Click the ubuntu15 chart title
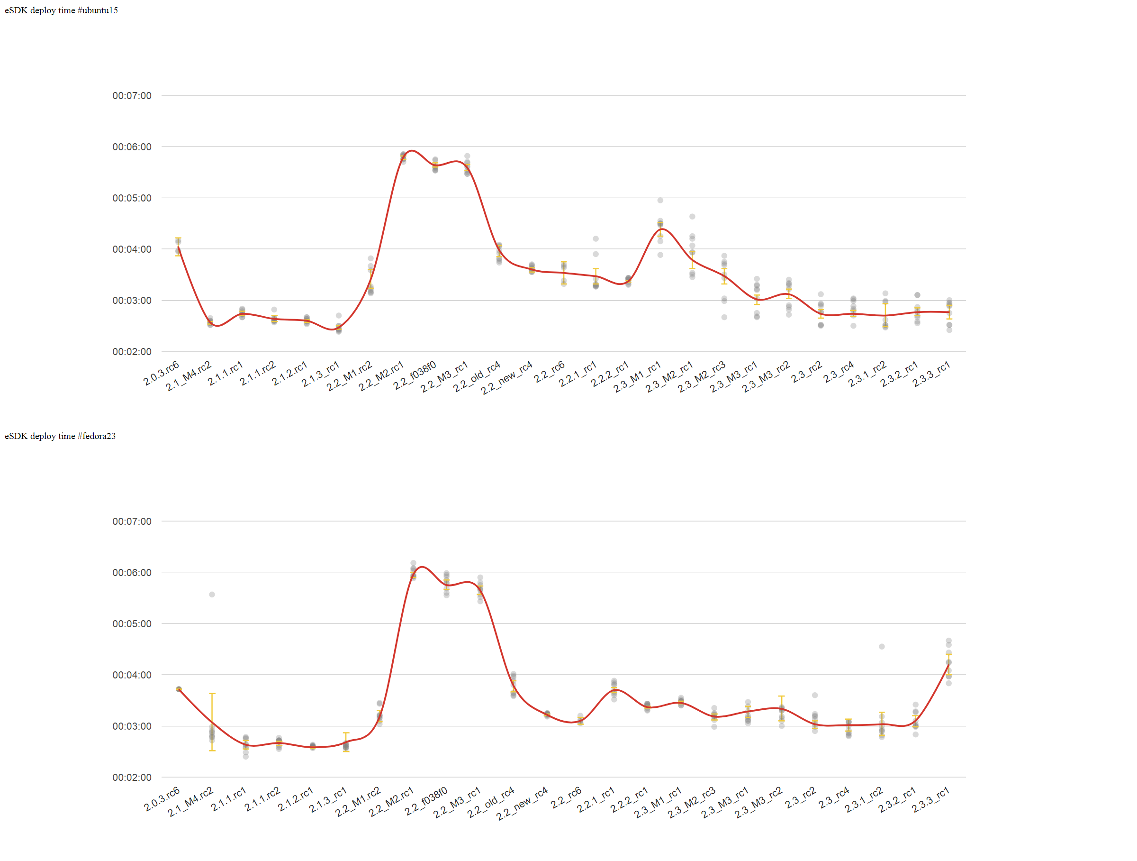(x=61, y=10)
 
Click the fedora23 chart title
(x=60, y=436)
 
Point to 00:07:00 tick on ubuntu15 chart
(x=132, y=96)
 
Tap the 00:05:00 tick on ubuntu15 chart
(x=132, y=198)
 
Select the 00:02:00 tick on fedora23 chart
(x=132, y=777)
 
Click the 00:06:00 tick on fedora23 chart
(x=132, y=572)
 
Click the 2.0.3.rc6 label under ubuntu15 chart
(x=162, y=374)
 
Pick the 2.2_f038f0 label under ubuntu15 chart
(x=415, y=376)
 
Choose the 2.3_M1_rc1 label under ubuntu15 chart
(x=637, y=377)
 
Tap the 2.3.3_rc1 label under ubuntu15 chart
(x=931, y=375)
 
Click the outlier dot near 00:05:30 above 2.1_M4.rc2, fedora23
(x=212, y=595)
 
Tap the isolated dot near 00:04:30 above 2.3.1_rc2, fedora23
(x=882, y=647)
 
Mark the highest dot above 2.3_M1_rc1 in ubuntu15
(x=660, y=200)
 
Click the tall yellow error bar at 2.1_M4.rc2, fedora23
(x=212, y=720)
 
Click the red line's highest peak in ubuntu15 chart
(x=412, y=151)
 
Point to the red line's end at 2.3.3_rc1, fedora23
(x=948, y=665)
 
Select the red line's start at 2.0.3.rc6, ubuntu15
(x=178, y=247)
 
